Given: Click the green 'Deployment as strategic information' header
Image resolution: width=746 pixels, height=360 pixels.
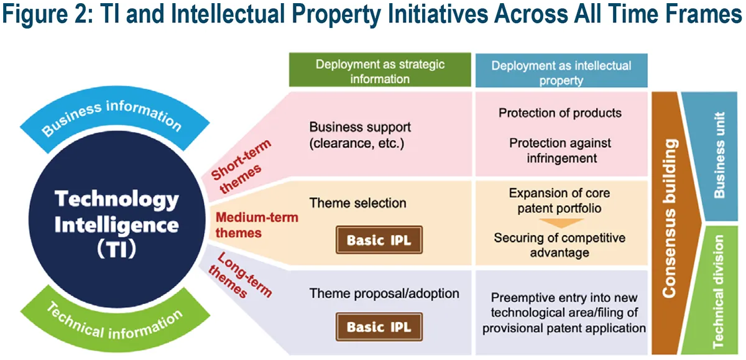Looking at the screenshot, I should tap(380, 72).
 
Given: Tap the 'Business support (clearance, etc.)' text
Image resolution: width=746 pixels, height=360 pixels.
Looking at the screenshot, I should tap(360, 135).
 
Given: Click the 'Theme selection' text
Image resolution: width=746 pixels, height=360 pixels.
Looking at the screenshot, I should tap(357, 203).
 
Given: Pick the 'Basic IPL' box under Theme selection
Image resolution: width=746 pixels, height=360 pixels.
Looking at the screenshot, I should tap(379, 240).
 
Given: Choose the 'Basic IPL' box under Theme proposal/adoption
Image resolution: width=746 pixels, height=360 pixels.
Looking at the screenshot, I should tap(379, 327).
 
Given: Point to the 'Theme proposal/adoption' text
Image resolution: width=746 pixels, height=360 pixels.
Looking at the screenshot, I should tap(384, 293).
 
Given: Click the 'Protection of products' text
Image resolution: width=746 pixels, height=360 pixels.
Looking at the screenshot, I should tap(559, 113).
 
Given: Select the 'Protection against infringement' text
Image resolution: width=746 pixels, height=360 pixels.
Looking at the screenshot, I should tap(560, 150).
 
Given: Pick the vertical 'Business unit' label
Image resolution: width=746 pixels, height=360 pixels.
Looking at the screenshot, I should tap(719, 155).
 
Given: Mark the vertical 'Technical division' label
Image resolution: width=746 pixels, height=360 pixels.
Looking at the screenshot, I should tap(719, 291).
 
